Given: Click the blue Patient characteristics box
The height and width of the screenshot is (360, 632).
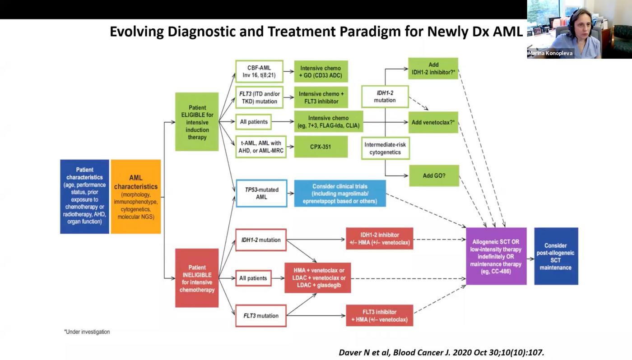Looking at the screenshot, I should click(x=84, y=196).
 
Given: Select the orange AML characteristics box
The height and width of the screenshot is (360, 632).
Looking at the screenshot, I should click(x=136, y=196).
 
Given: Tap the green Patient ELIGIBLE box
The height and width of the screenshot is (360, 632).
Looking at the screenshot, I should click(x=197, y=122).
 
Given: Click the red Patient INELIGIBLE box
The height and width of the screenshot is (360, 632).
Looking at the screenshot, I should click(x=197, y=278).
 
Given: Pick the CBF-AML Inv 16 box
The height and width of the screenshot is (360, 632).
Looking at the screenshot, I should click(x=259, y=71).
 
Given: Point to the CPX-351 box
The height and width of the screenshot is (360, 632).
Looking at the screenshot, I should click(x=321, y=147).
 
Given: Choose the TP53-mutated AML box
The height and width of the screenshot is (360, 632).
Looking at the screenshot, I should click(x=261, y=193).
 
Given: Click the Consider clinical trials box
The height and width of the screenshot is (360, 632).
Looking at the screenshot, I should click(x=340, y=193).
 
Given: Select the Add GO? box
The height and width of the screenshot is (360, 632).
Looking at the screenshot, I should click(x=434, y=175).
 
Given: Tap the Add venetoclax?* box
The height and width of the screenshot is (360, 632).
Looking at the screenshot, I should click(x=433, y=122).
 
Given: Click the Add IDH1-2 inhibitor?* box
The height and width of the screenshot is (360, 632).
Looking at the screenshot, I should click(x=433, y=68).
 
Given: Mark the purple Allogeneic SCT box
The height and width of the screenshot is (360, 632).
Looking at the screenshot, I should click(x=496, y=256).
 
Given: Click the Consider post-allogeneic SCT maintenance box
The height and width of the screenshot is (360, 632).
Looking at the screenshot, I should click(x=556, y=256).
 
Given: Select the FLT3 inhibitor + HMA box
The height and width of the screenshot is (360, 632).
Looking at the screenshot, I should click(x=379, y=315).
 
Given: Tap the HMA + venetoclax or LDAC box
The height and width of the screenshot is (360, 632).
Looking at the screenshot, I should click(x=318, y=278).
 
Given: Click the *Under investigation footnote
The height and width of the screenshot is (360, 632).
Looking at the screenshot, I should click(x=87, y=332).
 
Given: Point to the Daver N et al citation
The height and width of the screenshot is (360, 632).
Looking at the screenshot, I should click(x=441, y=352).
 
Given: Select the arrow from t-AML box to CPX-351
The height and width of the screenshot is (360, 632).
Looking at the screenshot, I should click(x=289, y=147).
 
